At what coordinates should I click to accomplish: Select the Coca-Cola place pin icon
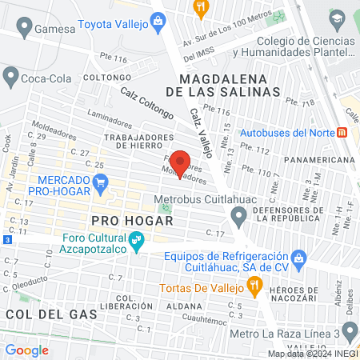coord(10,77)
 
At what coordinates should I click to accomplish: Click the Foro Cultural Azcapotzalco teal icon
coord(137,239)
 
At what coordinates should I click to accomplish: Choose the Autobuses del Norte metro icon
coord(343,131)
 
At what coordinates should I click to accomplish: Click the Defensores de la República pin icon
coord(238,215)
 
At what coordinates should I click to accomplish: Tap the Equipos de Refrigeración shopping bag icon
coord(299,258)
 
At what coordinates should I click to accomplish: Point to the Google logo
coord(27,350)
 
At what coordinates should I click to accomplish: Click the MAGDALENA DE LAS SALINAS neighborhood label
coord(230,86)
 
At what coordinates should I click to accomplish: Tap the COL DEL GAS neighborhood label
coord(51,314)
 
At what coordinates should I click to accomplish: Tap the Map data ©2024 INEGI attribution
coord(312,354)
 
